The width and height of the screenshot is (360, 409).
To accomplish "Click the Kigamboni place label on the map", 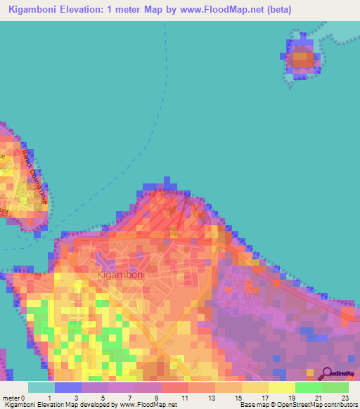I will click(x=121, y=275).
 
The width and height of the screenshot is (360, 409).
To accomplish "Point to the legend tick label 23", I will click(x=344, y=398).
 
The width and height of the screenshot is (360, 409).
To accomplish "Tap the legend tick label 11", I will click(x=184, y=398).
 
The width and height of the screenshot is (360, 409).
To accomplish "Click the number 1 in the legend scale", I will click(x=50, y=398).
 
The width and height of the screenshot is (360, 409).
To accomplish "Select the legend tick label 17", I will click(x=264, y=398).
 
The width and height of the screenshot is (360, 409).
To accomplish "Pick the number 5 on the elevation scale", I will click(x=103, y=398).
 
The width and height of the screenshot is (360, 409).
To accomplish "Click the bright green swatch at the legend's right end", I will click(x=335, y=387).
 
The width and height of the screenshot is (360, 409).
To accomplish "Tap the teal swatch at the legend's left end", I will click(x=41, y=387).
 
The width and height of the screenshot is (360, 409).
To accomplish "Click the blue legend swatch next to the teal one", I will click(x=68, y=387).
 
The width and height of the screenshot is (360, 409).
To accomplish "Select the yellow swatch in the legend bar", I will click(x=281, y=387).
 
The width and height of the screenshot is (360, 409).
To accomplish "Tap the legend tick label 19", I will click(x=290, y=398).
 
